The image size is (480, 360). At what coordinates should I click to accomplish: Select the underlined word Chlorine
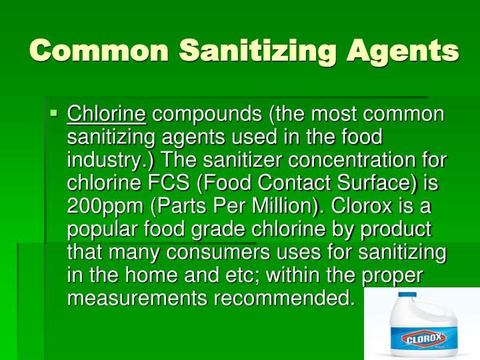pyautogui.click(x=106, y=114)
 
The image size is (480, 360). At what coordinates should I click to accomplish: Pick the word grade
pyautogui.click(x=248, y=230)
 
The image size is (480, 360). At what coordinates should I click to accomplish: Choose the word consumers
pyautogui.click(x=229, y=253)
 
